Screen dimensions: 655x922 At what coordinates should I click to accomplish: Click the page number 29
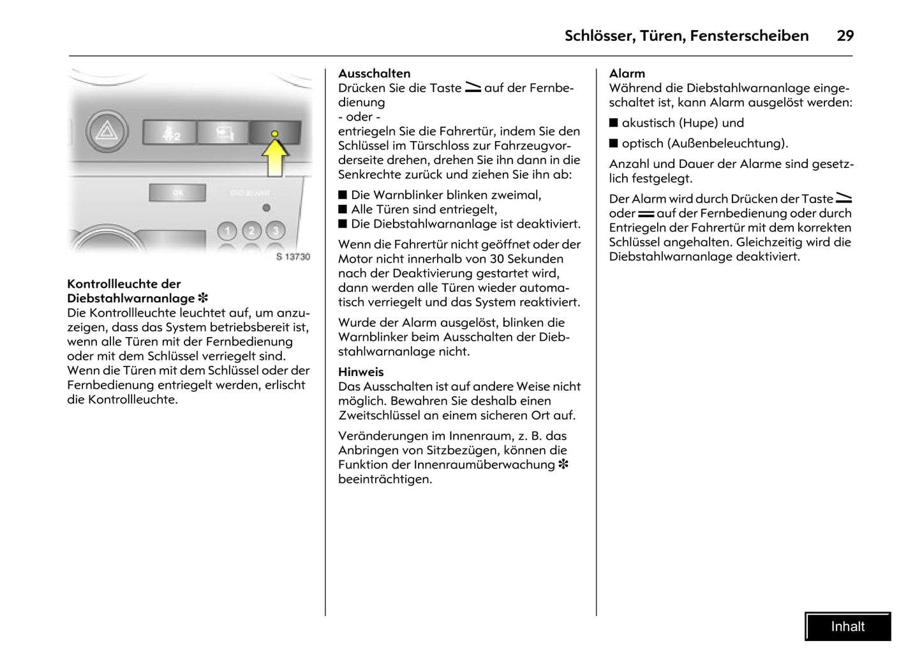point(845,36)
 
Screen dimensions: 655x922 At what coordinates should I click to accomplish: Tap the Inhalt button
point(847,626)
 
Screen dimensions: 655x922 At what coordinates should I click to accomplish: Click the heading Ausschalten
point(374,73)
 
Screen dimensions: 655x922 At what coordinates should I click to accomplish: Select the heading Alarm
point(627,73)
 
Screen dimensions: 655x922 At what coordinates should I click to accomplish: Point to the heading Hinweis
point(361,372)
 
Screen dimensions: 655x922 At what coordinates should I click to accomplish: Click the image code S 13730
point(293,257)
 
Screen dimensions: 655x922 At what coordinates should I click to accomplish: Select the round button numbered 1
point(227,230)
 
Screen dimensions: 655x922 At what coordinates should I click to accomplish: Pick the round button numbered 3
point(275,230)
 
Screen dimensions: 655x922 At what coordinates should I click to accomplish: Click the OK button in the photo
point(177,192)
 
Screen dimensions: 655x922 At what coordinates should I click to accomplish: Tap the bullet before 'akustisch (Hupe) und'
point(614,123)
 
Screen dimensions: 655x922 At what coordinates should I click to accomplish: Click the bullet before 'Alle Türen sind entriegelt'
point(343,209)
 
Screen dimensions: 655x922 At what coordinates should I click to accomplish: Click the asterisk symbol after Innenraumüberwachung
point(563,465)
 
